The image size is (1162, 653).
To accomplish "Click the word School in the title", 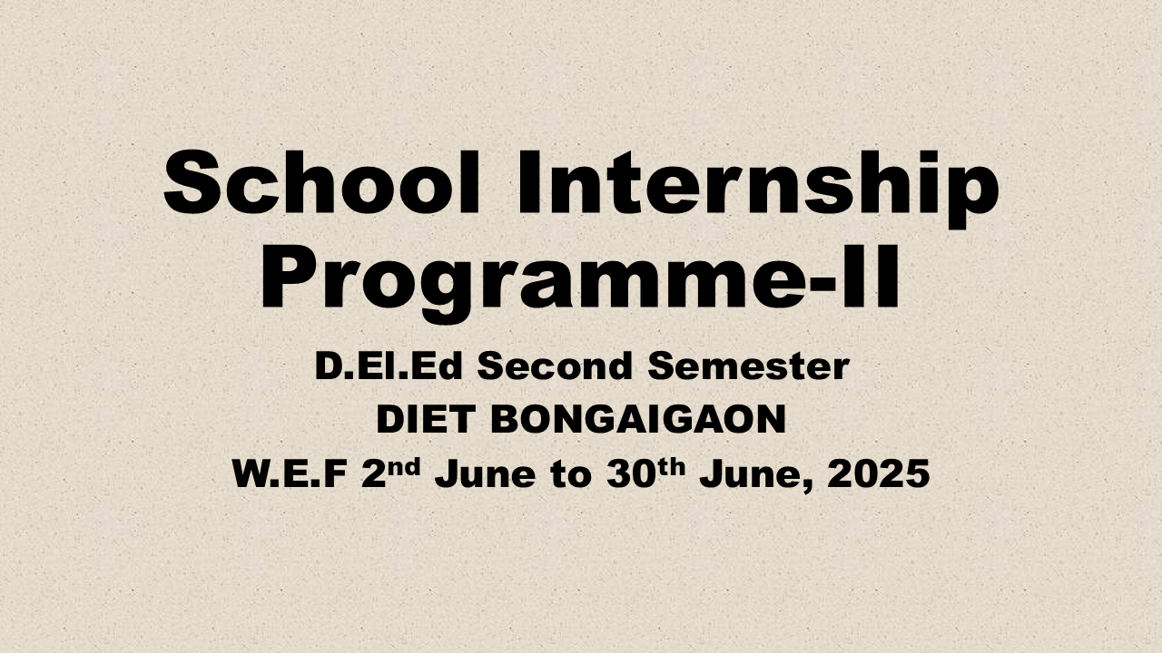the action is tap(321, 182).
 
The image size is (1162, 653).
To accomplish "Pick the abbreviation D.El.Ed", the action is tap(389, 365).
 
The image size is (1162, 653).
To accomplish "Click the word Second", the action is tap(555, 365).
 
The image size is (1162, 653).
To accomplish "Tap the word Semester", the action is tap(749, 365).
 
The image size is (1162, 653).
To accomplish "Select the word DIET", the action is tap(426, 419).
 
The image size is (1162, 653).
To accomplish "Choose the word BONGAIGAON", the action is tap(638, 419).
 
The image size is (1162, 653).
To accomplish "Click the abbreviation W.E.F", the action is tap(290, 473).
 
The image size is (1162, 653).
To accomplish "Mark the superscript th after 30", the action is tap(671, 467).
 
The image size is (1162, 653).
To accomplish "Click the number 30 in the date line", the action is tap(630, 473).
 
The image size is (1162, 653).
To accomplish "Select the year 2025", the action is tap(878, 473).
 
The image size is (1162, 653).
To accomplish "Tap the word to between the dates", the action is tap(571, 474).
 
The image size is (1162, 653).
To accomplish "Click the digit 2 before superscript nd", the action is tap(374, 473).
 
